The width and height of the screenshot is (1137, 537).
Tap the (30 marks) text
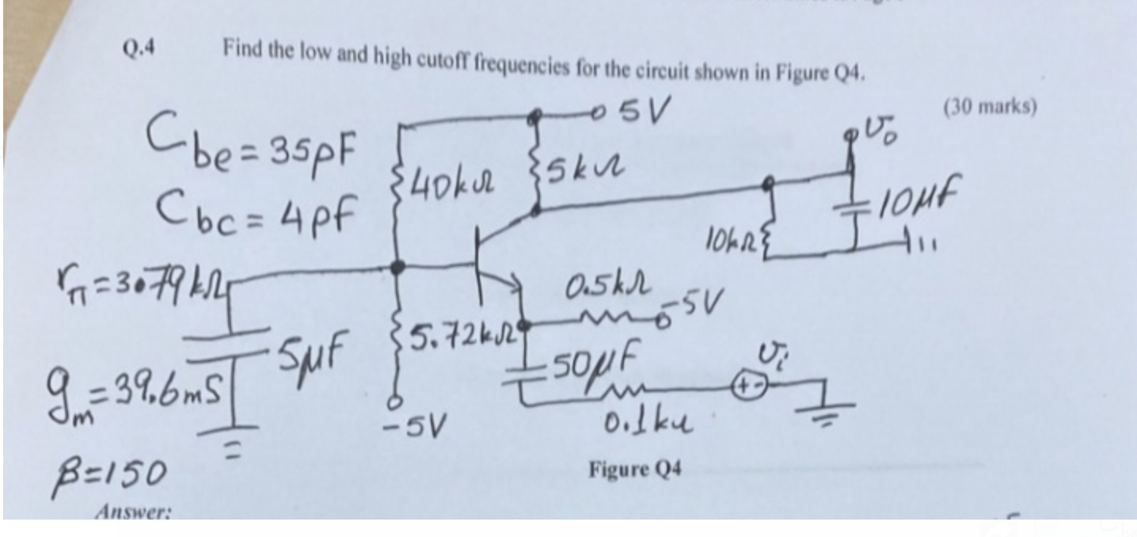click(990, 106)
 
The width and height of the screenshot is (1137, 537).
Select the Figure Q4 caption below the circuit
click(634, 470)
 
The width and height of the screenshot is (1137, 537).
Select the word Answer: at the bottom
click(132, 512)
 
